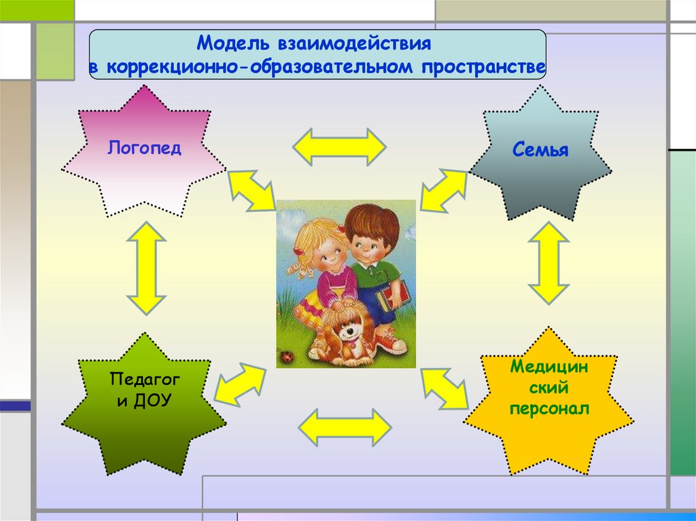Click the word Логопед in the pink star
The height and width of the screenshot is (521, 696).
(x=144, y=148)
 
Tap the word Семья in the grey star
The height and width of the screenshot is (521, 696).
(x=540, y=149)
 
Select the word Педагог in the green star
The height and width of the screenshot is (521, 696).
(x=145, y=380)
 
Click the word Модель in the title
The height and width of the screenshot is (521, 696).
(x=233, y=43)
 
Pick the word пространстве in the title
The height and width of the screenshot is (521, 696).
(x=483, y=67)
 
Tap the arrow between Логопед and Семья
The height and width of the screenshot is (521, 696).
(x=340, y=147)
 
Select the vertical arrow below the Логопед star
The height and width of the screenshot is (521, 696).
(x=146, y=268)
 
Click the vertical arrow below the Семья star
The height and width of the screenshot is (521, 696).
(x=549, y=263)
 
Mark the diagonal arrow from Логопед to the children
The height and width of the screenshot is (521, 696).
(x=251, y=191)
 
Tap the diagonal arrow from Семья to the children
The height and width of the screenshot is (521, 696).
(x=444, y=190)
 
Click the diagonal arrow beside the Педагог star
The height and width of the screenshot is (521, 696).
(x=240, y=384)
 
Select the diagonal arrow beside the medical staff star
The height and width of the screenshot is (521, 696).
(x=445, y=389)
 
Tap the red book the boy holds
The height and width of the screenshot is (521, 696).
(x=394, y=295)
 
